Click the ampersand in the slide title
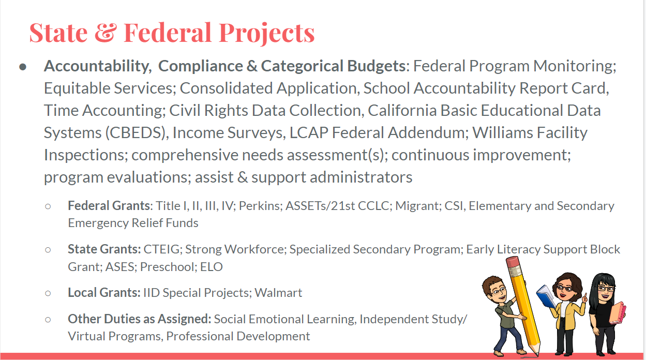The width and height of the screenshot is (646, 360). [106, 33]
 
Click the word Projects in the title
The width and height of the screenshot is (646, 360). [266, 34]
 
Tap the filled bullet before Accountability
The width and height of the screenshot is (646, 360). [23, 67]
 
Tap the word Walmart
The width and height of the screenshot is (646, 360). [278, 293]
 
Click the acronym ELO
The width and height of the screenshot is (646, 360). [212, 267]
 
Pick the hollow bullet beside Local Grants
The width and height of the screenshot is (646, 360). [48, 293]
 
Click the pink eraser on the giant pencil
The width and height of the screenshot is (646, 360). [513, 262]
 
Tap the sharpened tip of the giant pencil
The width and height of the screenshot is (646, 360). [536, 353]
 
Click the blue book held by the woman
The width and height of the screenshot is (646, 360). [546, 296]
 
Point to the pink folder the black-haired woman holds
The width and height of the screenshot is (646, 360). [617, 313]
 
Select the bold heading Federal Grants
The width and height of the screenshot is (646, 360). [109, 206]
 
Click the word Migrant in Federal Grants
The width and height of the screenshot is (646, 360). [418, 206]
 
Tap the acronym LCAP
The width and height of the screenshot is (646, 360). [309, 133]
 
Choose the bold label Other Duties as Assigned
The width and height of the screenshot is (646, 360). [140, 319]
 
